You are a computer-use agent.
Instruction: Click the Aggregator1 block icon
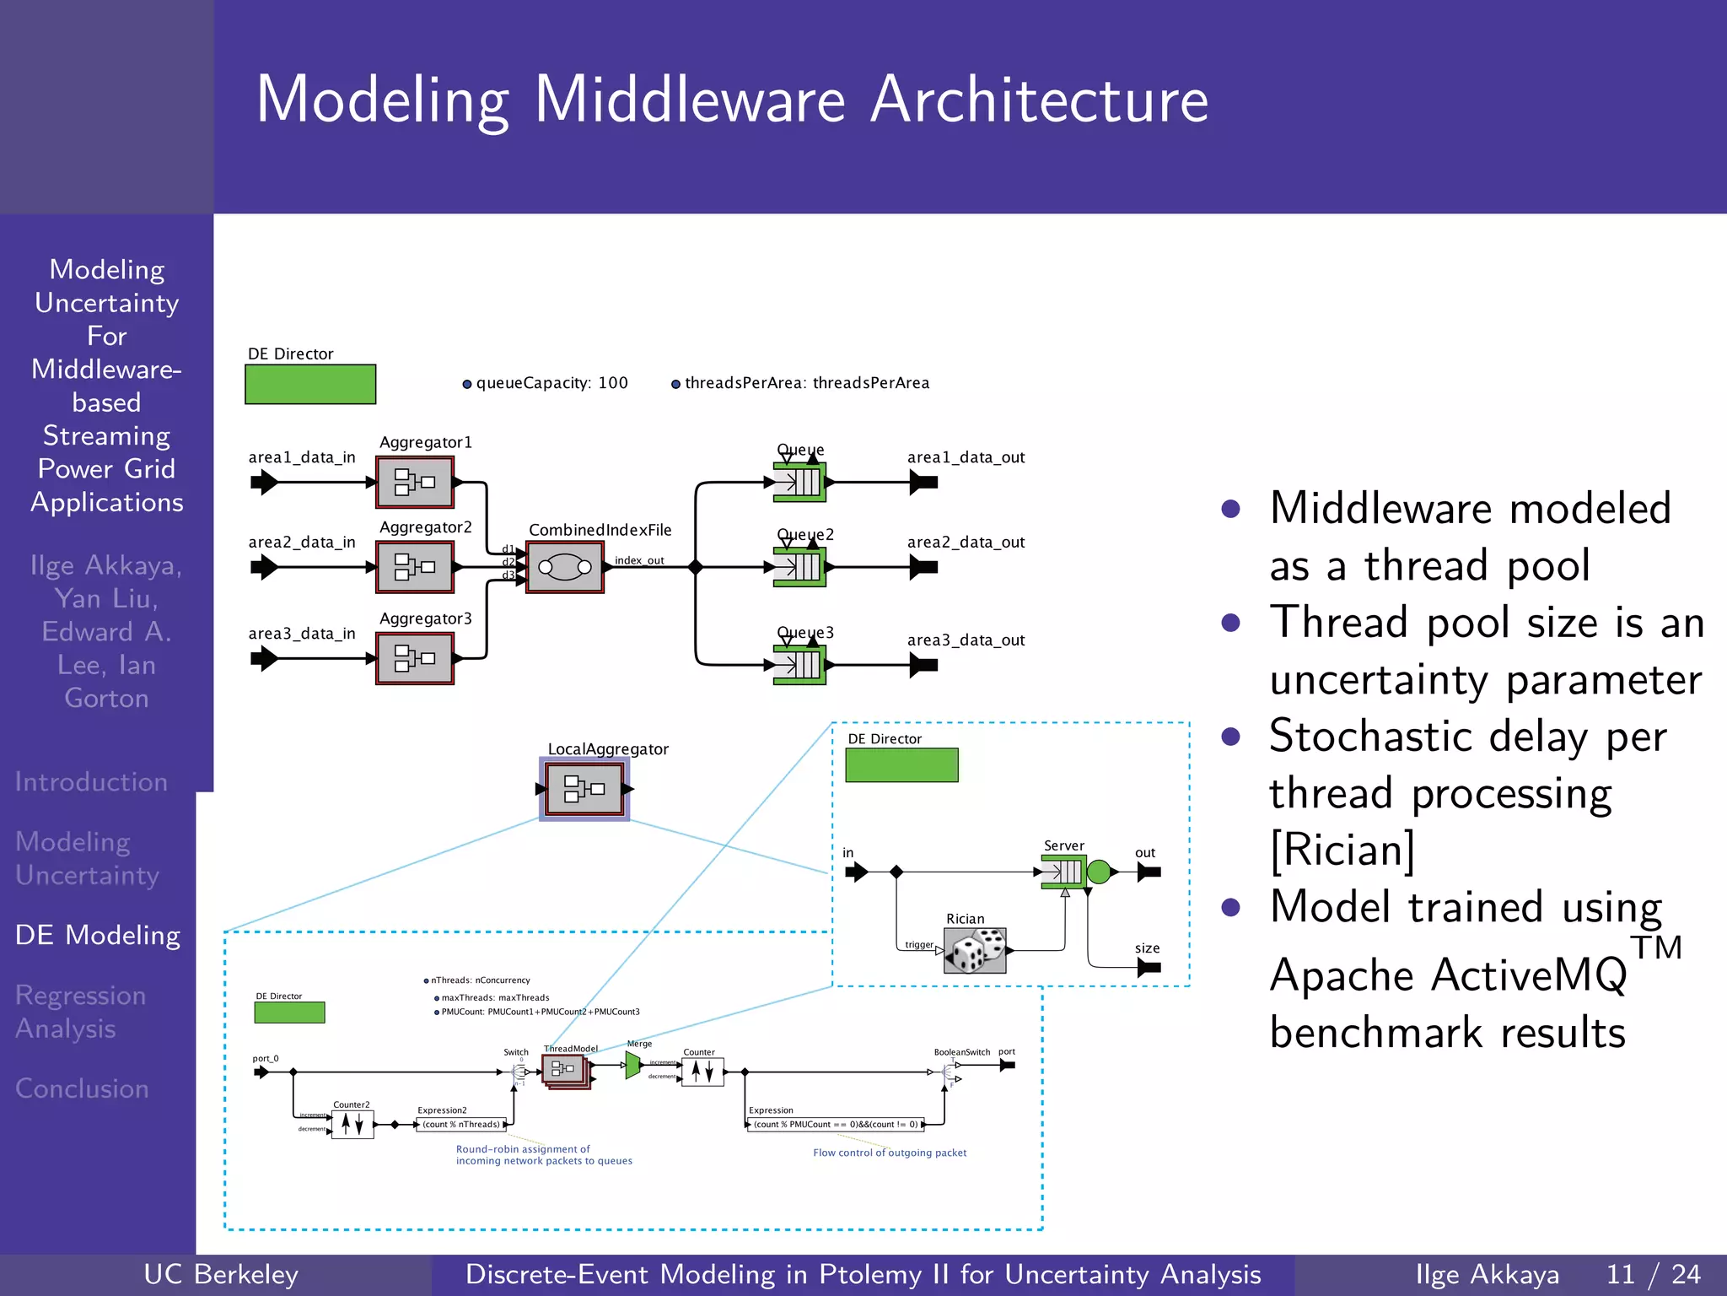coord(415,483)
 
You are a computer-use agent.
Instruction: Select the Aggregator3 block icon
coord(415,659)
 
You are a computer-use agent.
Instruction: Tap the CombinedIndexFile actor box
coord(565,567)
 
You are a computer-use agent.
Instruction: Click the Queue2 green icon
coord(799,567)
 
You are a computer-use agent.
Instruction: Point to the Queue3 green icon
coord(799,665)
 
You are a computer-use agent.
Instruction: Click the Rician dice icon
coord(976,951)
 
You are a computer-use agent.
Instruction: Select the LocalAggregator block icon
coord(584,789)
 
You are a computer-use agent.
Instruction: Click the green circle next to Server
coord(1099,872)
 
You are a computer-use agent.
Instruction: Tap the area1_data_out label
coord(966,457)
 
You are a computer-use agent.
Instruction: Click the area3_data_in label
coord(302,634)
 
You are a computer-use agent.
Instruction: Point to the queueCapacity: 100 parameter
coord(551,383)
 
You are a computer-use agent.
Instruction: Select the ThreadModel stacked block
coord(565,1071)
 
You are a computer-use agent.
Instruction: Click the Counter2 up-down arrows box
coord(352,1124)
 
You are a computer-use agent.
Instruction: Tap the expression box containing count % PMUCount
coord(836,1124)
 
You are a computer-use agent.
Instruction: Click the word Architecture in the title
coord(1039,100)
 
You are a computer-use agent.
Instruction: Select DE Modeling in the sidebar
coord(98,935)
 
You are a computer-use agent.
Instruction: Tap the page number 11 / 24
coord(1653,1274)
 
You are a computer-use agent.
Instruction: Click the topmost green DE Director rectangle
coord(310,385)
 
